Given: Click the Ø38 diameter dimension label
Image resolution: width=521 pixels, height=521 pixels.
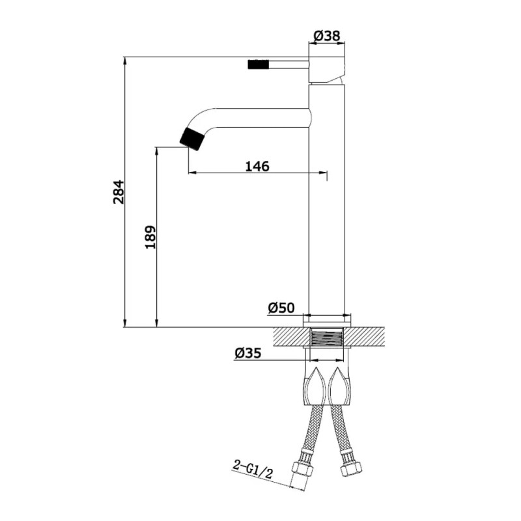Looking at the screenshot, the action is point(327,35).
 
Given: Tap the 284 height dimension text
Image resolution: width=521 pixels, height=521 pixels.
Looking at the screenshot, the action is point(119,192).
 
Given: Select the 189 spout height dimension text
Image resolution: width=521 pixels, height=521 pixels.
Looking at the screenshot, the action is point(150,237).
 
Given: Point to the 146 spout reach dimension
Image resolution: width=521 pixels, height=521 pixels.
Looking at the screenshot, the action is point(257,166).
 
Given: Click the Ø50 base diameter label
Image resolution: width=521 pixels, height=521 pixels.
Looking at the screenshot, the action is point(281,308).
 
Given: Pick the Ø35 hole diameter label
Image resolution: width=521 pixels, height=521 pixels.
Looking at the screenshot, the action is point(248,353).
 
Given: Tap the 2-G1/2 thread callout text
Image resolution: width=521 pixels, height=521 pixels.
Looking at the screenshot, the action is point(253,469).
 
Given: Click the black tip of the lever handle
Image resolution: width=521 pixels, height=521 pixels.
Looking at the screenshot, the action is point(257,64).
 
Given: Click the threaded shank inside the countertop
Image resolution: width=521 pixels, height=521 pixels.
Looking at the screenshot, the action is point(327,337).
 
